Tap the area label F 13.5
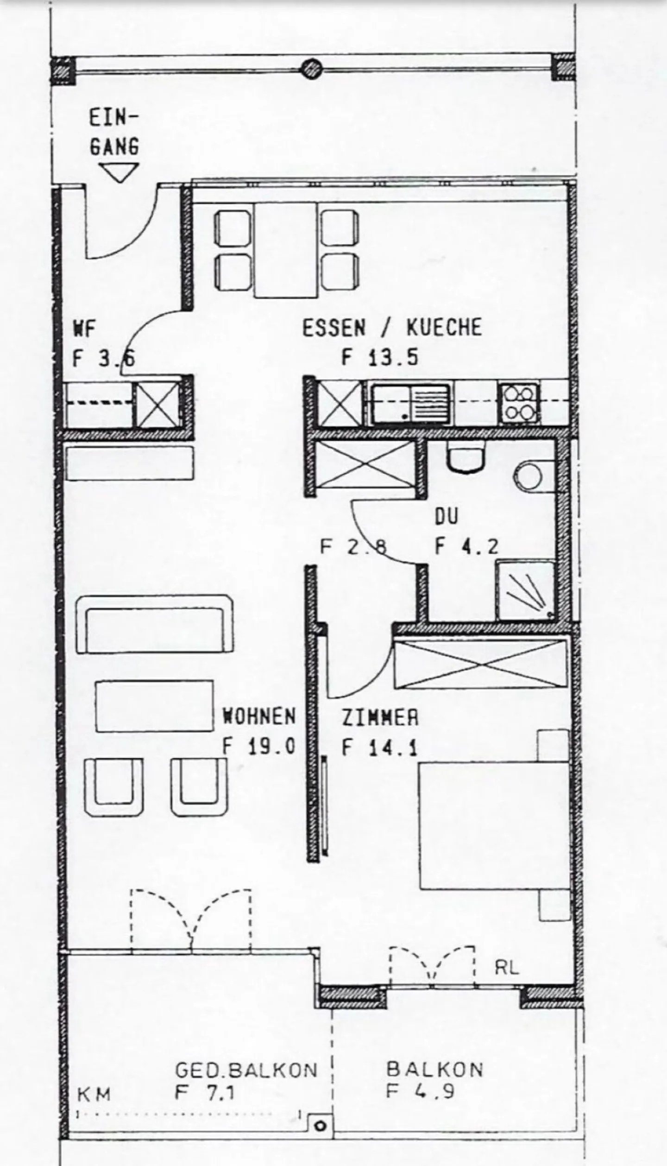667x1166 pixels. click(x=380, y=358)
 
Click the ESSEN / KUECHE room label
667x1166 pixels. click(x=392, y=328)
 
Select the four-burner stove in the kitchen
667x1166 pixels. click(x=519, y=404)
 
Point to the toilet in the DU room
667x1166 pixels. click(x=466, y=456)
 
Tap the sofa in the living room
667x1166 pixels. click(x=154, y=624)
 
